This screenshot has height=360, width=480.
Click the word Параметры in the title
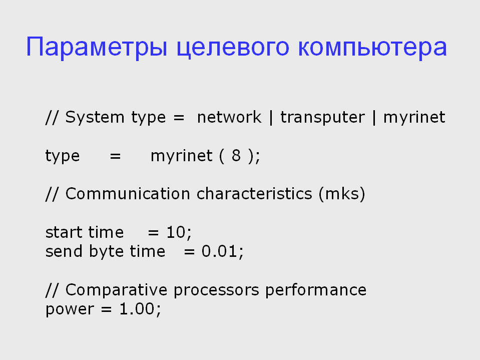[97, 48]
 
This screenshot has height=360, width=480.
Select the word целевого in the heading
[233, 49]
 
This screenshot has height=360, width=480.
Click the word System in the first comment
[95, 118]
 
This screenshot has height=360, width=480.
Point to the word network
[229, 117]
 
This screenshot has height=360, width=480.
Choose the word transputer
[323, 118]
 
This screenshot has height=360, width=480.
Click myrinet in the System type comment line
[414, 118]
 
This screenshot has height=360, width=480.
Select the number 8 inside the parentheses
[236, 156]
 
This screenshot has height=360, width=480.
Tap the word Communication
[128, 194]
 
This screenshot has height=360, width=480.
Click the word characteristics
[254, 194]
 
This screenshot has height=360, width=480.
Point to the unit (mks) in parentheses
[342, 194]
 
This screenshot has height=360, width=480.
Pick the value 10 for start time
[176, 232]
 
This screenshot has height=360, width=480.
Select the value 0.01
[219, 252]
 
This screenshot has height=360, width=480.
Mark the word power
[70, 310]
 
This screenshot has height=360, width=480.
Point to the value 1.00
[137, 309]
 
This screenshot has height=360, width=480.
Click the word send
[64, 252]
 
